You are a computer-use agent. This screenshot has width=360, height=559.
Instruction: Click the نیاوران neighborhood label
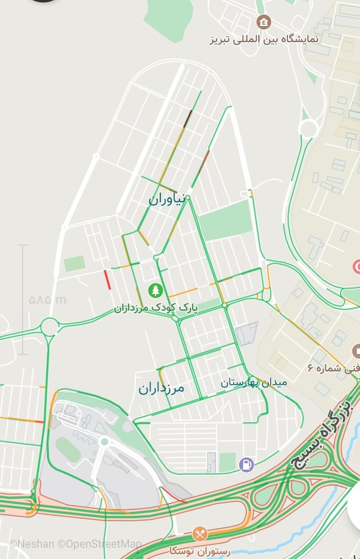pos(166,199)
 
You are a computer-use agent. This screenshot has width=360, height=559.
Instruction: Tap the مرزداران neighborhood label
pos(161,388)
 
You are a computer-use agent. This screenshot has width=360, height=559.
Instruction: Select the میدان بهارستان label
pos(253,382)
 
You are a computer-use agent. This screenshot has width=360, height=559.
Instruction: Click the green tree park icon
pos(156,291)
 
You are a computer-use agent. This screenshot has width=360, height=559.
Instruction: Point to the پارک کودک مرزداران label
pos(156,307)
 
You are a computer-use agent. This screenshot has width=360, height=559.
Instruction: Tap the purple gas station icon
pos(247,465)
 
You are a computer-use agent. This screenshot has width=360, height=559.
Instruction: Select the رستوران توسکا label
pos(200,551)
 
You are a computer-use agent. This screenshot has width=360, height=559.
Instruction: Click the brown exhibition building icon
pos(264,22)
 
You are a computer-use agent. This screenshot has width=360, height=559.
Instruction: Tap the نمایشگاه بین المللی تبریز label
pos(264,39)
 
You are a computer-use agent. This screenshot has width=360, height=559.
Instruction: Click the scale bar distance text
pos(48,300)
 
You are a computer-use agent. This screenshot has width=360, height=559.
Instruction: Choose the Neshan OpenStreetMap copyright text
pos(75,544)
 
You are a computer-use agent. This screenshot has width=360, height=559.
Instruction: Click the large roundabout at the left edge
pos(49,326)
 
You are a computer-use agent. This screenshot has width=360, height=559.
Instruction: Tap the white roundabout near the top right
pos(308,128)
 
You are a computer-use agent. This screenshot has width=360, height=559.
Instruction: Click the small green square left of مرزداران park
pos(74,263)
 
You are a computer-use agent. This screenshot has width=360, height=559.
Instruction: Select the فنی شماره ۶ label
pos(334,368)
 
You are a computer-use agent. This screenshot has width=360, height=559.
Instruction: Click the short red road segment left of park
pos(107,279)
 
